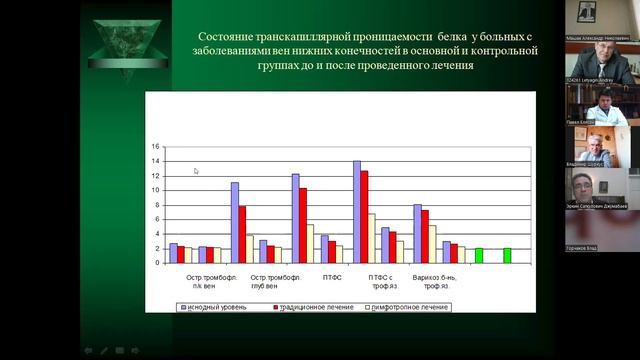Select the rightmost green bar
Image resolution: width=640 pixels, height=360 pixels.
(507, 255)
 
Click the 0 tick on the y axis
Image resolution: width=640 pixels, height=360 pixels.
(155, 262)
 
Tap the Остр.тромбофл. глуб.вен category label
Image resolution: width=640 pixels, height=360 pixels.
(275, 280)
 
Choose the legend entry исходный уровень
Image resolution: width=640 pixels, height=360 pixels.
(214, 306)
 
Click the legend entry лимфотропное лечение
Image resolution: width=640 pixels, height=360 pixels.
(409, 306)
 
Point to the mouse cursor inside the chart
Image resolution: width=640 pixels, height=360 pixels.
(196, 171)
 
